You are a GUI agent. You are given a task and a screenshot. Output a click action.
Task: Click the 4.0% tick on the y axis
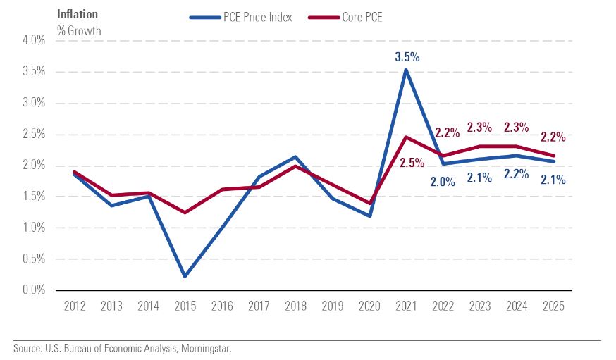click(x=33, y=41)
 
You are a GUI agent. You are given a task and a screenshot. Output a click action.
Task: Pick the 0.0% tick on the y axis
click(x=33, y=290)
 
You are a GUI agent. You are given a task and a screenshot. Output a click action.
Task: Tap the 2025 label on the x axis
click(x=554, y=307)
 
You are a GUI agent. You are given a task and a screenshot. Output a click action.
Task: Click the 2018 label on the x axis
click(x=296, y=307)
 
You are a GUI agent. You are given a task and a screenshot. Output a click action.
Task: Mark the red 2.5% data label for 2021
click(x=412, y=163)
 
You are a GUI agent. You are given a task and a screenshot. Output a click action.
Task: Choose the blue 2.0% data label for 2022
click(x=443, y=181)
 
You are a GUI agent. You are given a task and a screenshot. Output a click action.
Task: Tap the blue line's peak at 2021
click(x=406, y=69)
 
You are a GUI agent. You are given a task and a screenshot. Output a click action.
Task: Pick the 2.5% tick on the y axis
click(x=33, y=135)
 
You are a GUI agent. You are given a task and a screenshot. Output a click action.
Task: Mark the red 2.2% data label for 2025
click(x=554, y=136)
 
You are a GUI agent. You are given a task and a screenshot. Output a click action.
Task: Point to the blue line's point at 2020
click(x=369, y=216)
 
